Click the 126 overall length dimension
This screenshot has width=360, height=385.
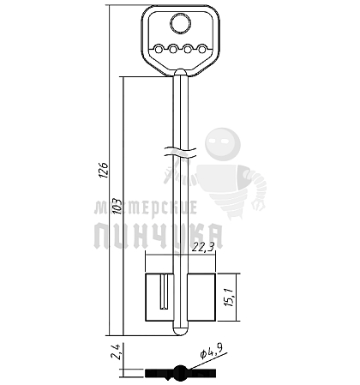click(x=104, y=171)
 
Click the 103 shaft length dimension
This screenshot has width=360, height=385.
click(x=117, y=207)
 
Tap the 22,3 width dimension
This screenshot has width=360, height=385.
click(x=203, y=247)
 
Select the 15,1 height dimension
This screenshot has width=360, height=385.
click(x=231, y=297)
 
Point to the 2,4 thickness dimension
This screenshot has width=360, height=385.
click(x=117, y=352)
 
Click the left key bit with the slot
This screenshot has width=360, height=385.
click(x=159, y=297)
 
